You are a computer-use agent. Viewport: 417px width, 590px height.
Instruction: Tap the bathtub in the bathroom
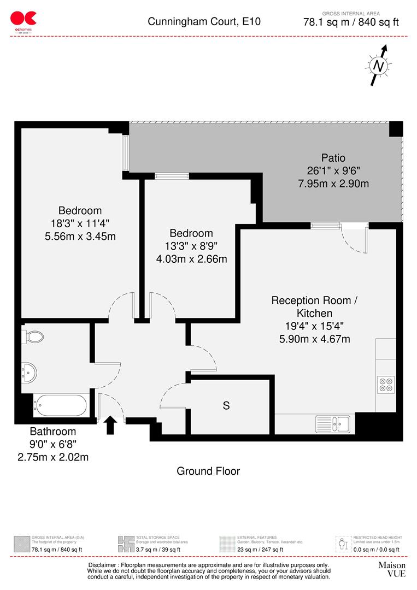click(60, 406)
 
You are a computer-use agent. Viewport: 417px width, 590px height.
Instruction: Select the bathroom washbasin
click(29, 372)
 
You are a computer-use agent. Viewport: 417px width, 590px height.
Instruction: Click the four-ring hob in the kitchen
click(386, 384)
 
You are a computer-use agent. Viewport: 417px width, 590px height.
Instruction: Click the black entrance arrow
click(110, 424)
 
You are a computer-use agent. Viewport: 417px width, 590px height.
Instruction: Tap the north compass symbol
click(378, 66)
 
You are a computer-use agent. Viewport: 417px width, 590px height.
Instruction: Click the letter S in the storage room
click(226, 406)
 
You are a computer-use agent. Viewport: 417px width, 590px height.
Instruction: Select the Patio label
click(333, 158)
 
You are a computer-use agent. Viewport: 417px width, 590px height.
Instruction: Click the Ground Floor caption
click(208, 471)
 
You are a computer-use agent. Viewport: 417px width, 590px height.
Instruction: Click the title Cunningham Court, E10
click(204, 22)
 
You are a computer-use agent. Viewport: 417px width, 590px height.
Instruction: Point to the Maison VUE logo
click(392, 569)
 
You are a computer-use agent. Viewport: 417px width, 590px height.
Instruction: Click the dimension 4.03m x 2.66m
click(191, 258)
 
